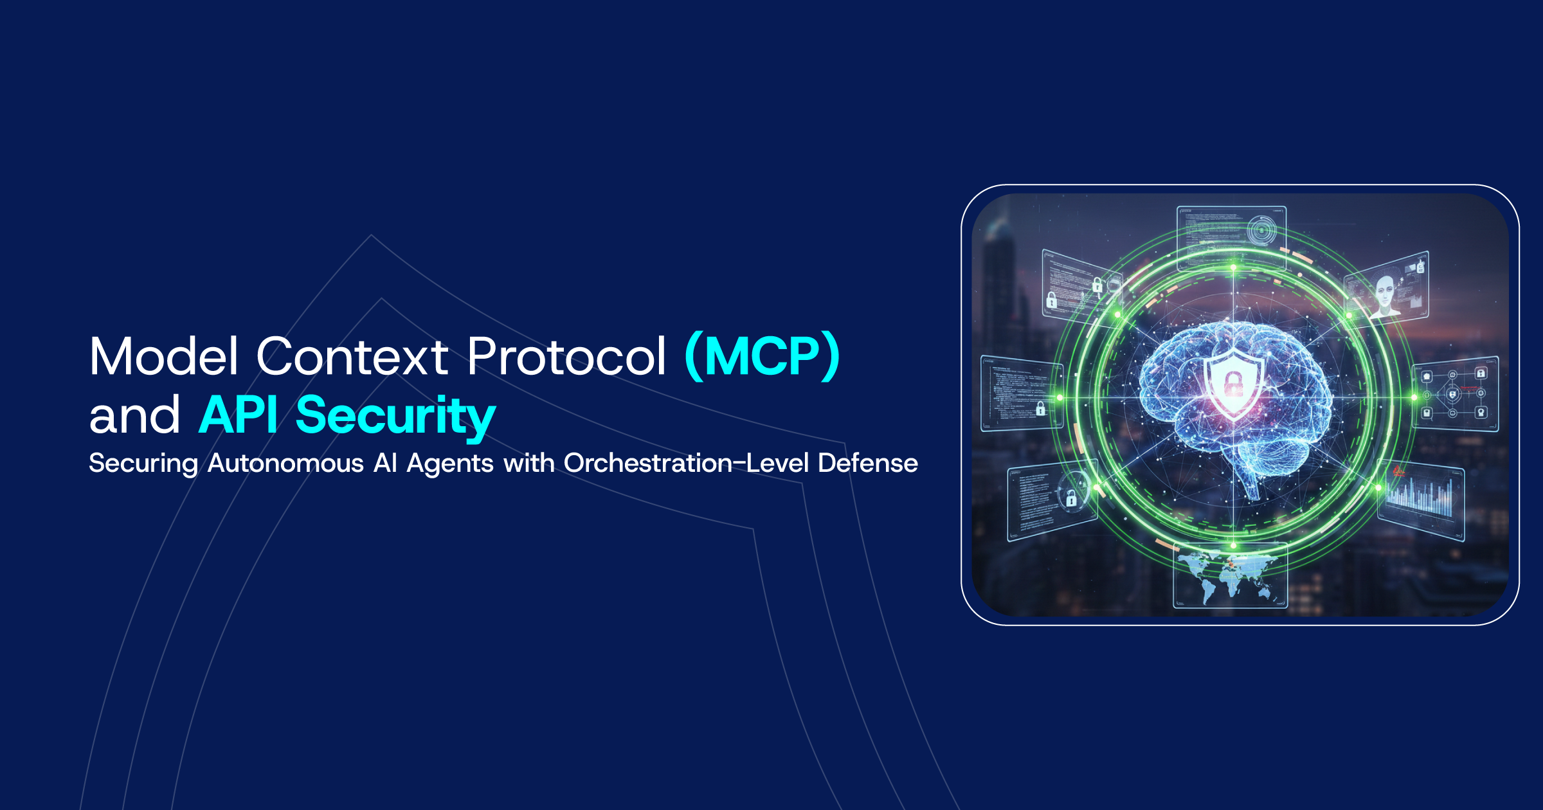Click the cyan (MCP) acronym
pyautogui.click(x=762, y=356)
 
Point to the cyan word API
pyautogui.click(x=239, y=415)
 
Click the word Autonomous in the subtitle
pyautogui.click(x=285, y=463)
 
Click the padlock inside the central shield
pyautogui.click(x=1233, y=384)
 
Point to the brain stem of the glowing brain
pyautogui.click(x=1250, y=485)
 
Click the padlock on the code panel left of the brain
pyautogui.click(x=1040, y=408)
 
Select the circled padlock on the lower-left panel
pyautogui.click(x=1071, y=497)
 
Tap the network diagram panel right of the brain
pyautogui.click(x=1454, y=393)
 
